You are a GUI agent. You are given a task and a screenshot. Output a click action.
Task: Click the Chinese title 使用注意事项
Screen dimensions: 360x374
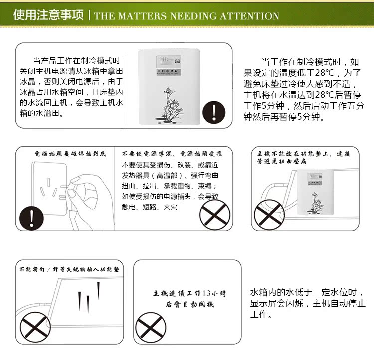48,15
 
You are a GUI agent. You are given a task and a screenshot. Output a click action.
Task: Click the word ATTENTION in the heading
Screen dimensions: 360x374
247,15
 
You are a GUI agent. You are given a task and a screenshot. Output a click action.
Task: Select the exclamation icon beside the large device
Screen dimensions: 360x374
215,110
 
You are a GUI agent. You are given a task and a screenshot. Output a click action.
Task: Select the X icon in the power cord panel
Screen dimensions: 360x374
214,215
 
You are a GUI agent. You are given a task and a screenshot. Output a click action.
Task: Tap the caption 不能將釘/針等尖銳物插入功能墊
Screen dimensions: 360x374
69,269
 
